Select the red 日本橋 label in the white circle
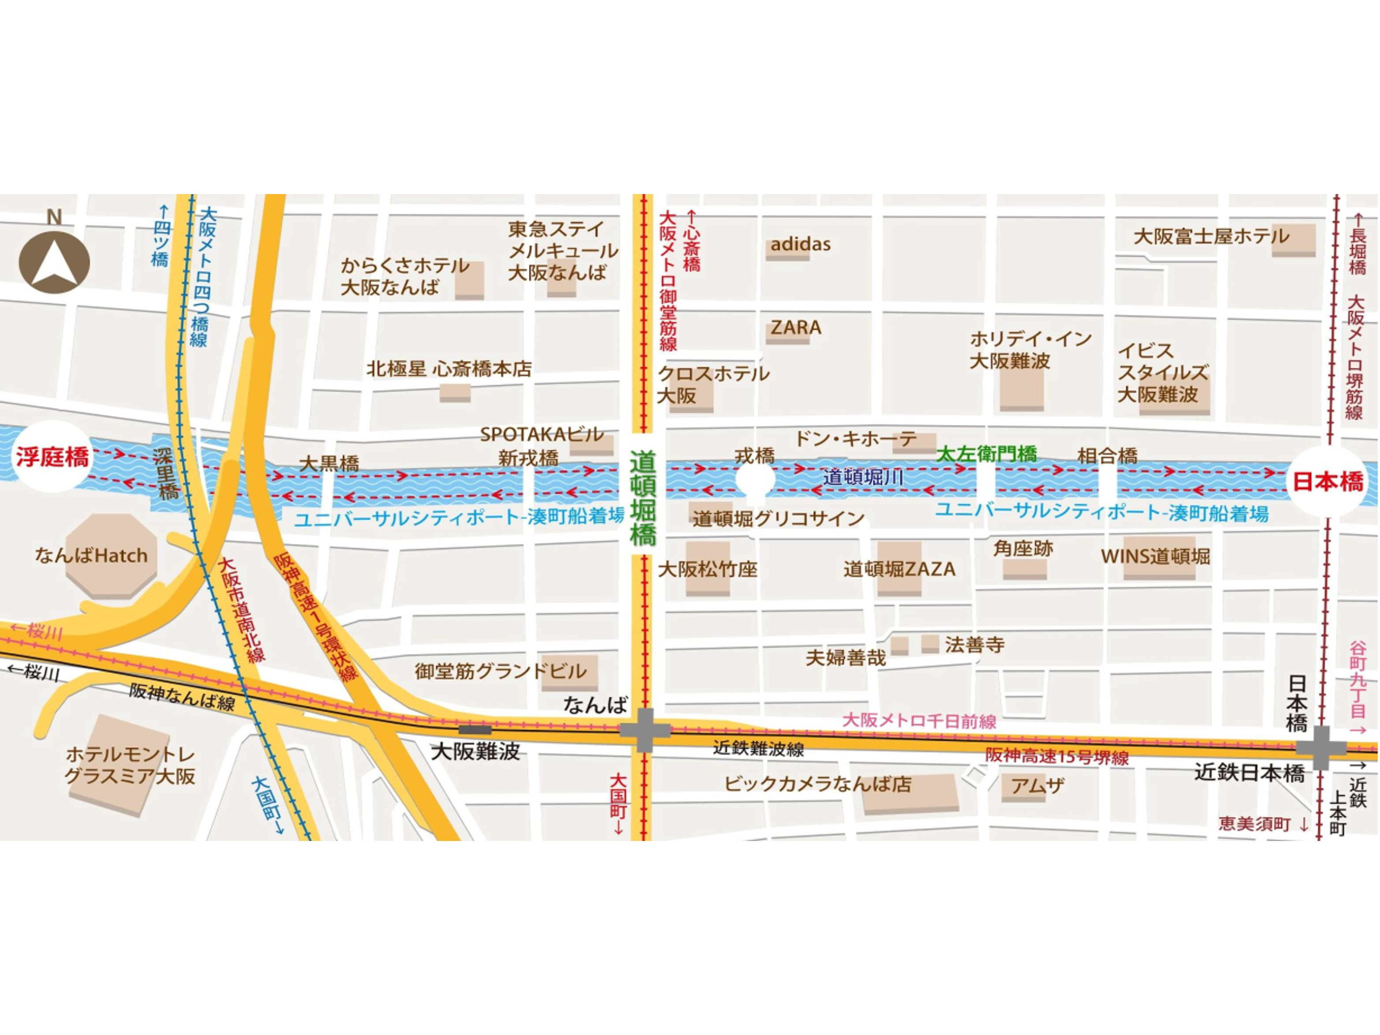click(x=1327, y=482)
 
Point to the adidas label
click(x=800, y=244)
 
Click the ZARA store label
click(x=795, y=328)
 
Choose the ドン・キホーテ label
click(x=855, y=439)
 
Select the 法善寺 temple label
click(x=974, y=644)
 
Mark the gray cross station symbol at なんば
click(x=645, y=729)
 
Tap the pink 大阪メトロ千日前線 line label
click(x=919, y=721)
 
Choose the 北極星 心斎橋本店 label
click(x=448, y=369)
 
